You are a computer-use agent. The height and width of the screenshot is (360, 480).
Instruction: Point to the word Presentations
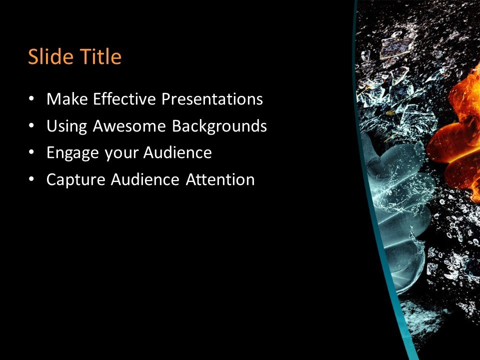212,99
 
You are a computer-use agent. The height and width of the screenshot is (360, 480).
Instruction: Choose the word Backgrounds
219,126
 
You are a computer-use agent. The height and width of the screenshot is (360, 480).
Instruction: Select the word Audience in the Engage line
177,152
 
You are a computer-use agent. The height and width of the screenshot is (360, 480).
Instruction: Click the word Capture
75,179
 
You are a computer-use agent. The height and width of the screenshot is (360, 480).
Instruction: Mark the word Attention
220,179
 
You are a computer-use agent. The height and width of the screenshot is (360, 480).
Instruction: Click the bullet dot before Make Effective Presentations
32,99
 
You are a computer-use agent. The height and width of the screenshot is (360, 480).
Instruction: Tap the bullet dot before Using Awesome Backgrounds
32,126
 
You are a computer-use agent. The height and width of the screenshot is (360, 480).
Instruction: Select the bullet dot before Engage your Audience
32,153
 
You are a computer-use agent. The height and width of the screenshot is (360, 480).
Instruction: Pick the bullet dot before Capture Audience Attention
32,179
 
